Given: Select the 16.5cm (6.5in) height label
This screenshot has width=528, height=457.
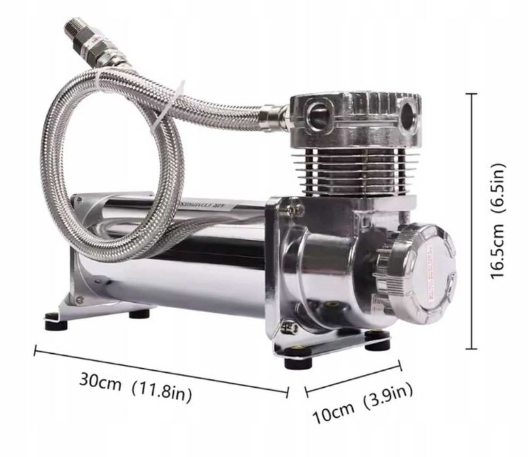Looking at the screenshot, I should click(x=500, y=221).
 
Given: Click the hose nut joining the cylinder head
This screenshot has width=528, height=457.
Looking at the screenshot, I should click(x=270, y=118).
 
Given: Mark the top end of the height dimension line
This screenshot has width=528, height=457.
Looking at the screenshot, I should click(x=475, y=93).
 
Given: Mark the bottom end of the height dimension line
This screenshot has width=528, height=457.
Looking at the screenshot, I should click(x=475, y=351).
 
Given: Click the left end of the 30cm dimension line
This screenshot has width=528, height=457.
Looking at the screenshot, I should click(x=34, y=351).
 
